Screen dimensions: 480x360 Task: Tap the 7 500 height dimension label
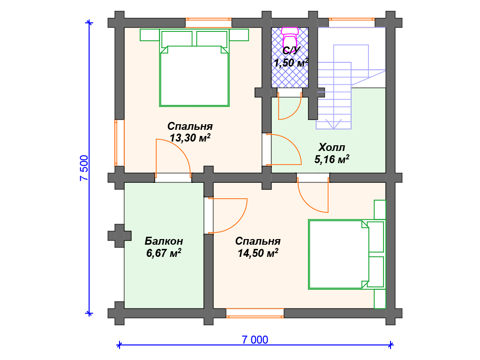click(x=84, y=168)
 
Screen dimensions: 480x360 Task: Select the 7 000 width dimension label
click(x=255, y=339)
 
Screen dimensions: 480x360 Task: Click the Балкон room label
click(x=164, y=241)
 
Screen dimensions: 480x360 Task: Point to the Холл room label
click(x=332, y=148)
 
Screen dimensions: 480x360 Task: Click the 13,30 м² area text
click(x=190, y=138)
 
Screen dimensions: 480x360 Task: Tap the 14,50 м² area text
click(x=258, y=253)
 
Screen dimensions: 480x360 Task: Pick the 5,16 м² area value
click(x=332, y=159)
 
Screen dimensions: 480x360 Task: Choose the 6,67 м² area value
click(x=164, y=253)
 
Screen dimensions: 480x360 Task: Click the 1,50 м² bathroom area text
click(x=291, y=63)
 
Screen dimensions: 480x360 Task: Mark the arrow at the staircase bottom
click(x=333, y=123)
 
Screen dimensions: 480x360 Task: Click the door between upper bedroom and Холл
click(x=284, y=149)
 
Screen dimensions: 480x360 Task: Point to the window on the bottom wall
click(x=255, y=313)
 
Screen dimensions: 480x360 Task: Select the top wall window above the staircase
click(x=352, y=22)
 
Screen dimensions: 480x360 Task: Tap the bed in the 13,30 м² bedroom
click(x=195, y=67)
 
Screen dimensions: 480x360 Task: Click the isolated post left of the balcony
click(x=120, y=236)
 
